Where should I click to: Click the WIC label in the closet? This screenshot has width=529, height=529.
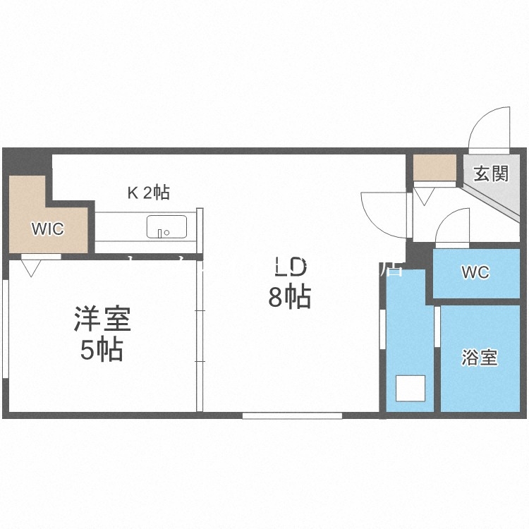(47, 229)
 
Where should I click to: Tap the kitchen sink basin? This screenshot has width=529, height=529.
(167, 228)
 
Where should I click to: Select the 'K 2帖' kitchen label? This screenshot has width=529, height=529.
(147, 192)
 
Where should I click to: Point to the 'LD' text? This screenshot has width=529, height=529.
(289, 268)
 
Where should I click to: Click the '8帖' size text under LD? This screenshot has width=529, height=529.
(289, 298)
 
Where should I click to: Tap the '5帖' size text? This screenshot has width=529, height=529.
(102, 350)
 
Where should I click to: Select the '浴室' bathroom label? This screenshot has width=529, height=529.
(480, 358)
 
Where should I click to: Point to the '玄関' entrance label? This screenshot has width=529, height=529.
(491, 174)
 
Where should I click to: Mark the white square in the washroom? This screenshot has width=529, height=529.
(410, 389)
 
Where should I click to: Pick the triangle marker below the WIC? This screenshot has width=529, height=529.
(31, 267)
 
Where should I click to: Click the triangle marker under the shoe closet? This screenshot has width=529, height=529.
(423, 195)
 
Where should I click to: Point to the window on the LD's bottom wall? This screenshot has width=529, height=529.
(292, 415)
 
